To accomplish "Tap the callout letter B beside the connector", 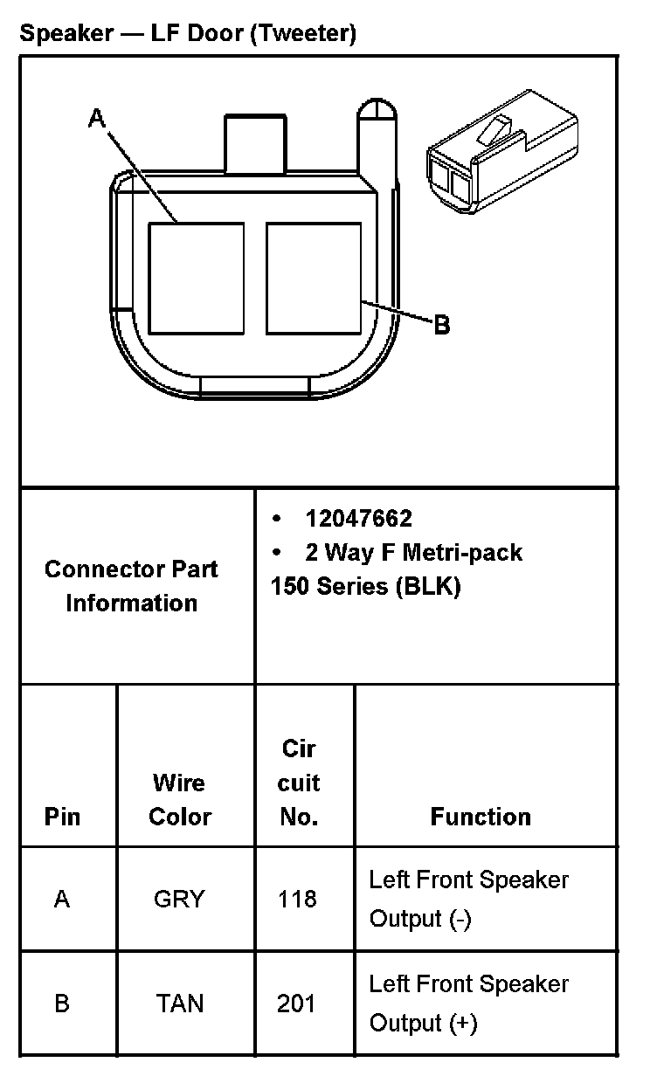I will point(442,325).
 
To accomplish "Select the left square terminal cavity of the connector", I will point(196,278).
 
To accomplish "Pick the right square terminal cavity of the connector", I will point(314,278).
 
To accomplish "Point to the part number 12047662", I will point(358,519).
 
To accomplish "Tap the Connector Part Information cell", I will point(131,585).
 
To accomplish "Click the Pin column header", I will point(62,817).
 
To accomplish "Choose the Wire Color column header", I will point(180,799).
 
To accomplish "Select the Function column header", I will point(481,817).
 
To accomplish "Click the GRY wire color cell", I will point(179,899).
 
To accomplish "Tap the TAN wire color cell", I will point(180,1004).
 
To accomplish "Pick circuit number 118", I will point(297,899).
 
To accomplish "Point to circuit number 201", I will point(296,1004).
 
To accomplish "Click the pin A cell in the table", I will point(62,899).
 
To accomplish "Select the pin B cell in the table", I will point(62,1004).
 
